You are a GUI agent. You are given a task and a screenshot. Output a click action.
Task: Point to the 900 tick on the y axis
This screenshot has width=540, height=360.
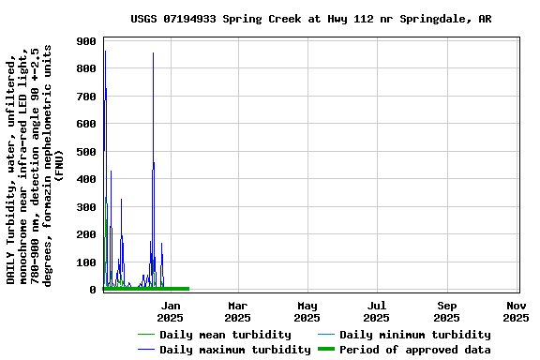coord(86,41)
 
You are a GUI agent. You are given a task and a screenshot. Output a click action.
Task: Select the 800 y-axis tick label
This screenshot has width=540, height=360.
coord(86,69)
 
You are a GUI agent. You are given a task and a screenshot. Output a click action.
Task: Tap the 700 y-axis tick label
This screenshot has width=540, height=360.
coord(86,97)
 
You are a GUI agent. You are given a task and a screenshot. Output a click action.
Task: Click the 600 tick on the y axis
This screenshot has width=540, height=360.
coord(86,125)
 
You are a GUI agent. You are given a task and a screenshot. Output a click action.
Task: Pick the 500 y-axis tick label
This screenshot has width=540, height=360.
coord(86,152)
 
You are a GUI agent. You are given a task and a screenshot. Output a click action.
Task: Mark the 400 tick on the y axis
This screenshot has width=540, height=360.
coord(86,180)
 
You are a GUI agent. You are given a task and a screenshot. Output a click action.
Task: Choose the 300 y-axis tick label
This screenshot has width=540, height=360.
coord(86,207)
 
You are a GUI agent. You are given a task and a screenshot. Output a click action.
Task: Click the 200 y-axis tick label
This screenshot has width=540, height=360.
coord(86,235)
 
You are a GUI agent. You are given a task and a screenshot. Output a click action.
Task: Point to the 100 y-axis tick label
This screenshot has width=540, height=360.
coord(86,262)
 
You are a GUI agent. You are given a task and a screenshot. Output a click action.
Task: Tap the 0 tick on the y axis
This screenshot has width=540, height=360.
coord(94,291)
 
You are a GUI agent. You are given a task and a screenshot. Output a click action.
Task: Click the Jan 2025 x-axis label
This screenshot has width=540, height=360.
coord(171,311)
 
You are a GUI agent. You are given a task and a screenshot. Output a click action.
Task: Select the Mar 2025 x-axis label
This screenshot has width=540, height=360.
coord(237,311)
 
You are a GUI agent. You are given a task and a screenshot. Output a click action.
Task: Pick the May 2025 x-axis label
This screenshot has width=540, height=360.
coord(307,311)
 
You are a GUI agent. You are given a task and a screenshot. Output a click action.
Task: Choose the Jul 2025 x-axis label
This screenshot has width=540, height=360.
coord(376,311)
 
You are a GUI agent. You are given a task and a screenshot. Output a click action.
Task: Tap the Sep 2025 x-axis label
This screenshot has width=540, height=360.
coord(447,311)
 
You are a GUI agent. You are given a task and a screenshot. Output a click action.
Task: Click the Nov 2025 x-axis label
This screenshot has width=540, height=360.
coord(516,311)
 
